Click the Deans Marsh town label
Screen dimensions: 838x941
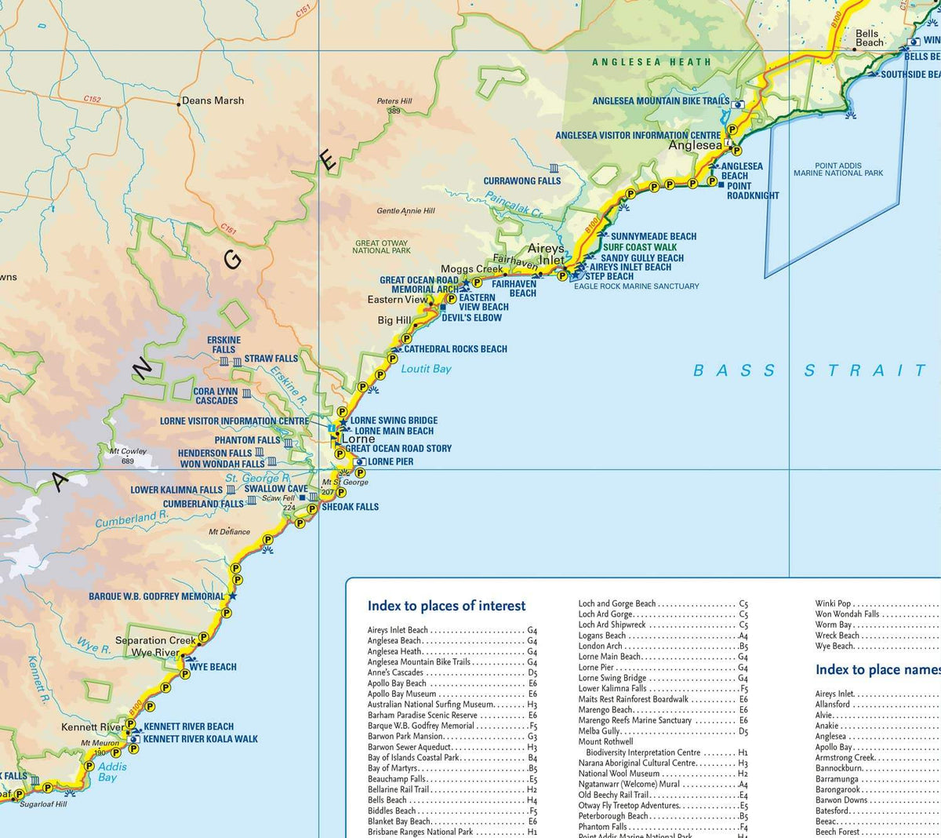(213, 100)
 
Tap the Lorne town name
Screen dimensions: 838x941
(358, 439)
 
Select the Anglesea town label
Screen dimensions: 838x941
(695, 145)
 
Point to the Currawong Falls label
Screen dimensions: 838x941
(522, 180)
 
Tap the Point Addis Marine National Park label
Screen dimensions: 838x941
(838, 169)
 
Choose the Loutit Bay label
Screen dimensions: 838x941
(426, 369)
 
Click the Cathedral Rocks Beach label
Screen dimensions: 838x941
(456, 349)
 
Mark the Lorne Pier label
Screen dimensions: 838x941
(391, 461)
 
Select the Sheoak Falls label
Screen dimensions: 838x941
(351, 507)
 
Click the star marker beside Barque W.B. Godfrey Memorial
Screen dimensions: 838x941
(232, 596)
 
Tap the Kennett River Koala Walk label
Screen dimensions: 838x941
(201, 738)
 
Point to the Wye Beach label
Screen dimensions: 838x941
(213, 667)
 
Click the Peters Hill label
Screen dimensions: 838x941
(394, 101)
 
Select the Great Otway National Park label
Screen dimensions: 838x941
(382, 247)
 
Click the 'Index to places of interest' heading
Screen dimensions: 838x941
(446, 606)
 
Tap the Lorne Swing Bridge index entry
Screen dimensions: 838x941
(612, 678)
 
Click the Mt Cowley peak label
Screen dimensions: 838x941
(128, 452)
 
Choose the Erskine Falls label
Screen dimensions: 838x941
(223, 344)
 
